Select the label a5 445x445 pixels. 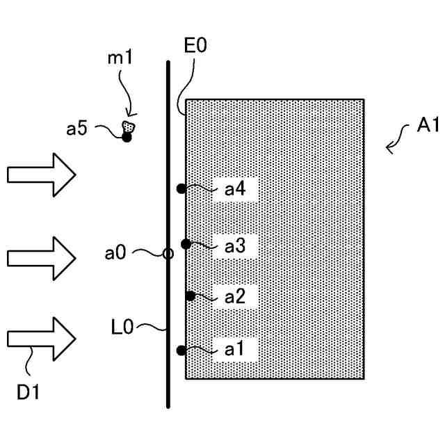coord(97,128)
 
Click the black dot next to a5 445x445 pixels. coord(127,137)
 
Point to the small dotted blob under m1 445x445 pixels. coord(128,127)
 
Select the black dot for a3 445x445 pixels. coord(186,243)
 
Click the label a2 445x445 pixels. coord(235,297)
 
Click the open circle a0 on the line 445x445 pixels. coord(168,254)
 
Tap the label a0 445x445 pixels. coord(116,253)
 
